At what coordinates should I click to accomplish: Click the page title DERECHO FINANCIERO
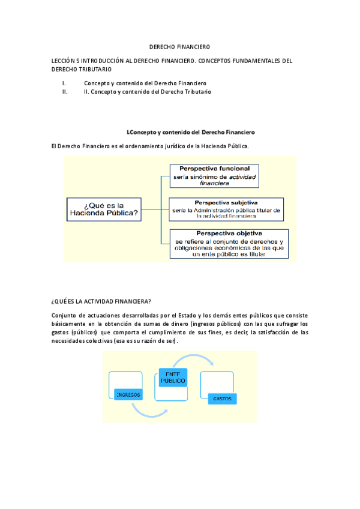[x=179, y=47]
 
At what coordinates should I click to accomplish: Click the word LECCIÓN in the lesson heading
[x=65, y=61]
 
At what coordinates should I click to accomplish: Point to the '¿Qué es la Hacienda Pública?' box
[x=104, y=209]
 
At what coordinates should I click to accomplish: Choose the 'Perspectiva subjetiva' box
[x=226, y=209]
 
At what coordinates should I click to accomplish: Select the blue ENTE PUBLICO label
[x=173, y=378]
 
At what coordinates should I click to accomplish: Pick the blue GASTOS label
[x=221, y=399]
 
